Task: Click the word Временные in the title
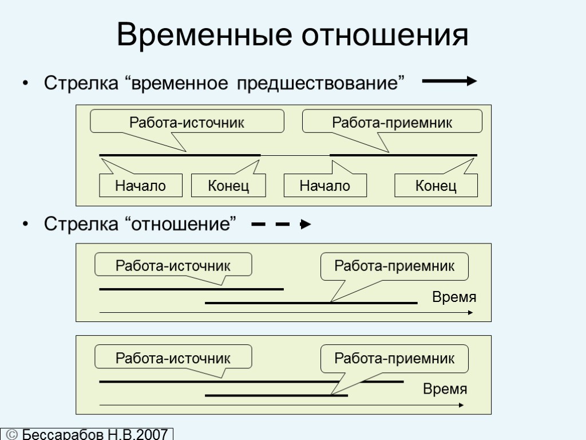click(x=204, y=36)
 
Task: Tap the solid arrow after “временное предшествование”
click(x=449, y=82)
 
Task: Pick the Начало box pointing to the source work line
click(x=141, y=186)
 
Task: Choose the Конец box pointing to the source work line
click(x=228, y=186)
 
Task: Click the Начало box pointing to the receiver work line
click(x=325, y=186)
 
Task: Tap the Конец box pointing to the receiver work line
click(x=436, y=186)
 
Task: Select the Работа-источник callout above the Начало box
click(x=187, y=122)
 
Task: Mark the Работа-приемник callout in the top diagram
click(x=392, y=122)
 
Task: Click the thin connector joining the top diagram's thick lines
click(x=295, y=155)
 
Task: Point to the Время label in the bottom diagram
click(x=445, y=390)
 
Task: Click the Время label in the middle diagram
click(x=454, y=298)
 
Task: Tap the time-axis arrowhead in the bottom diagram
click(x=461, y=406)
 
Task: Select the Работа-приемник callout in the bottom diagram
click(x=394, y=359)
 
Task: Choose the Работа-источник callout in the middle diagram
click(x=173, y=266)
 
